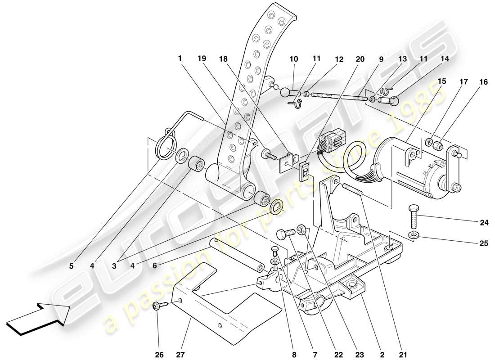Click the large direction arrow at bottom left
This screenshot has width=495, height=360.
coord(38,318)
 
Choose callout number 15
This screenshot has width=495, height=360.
coord(441,81)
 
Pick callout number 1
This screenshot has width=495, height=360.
coord(180,58)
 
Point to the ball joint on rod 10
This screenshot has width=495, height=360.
coord(285,93)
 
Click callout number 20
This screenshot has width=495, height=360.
coord(360,59)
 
